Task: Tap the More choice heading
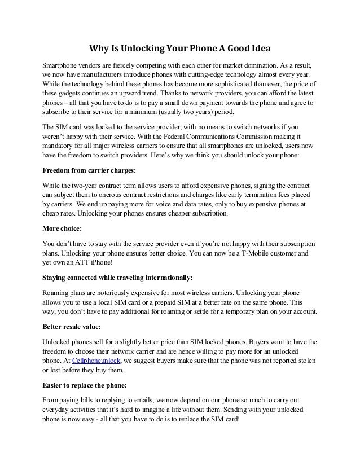[x=63, y=230]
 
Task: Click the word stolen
[x=305, y=360]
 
